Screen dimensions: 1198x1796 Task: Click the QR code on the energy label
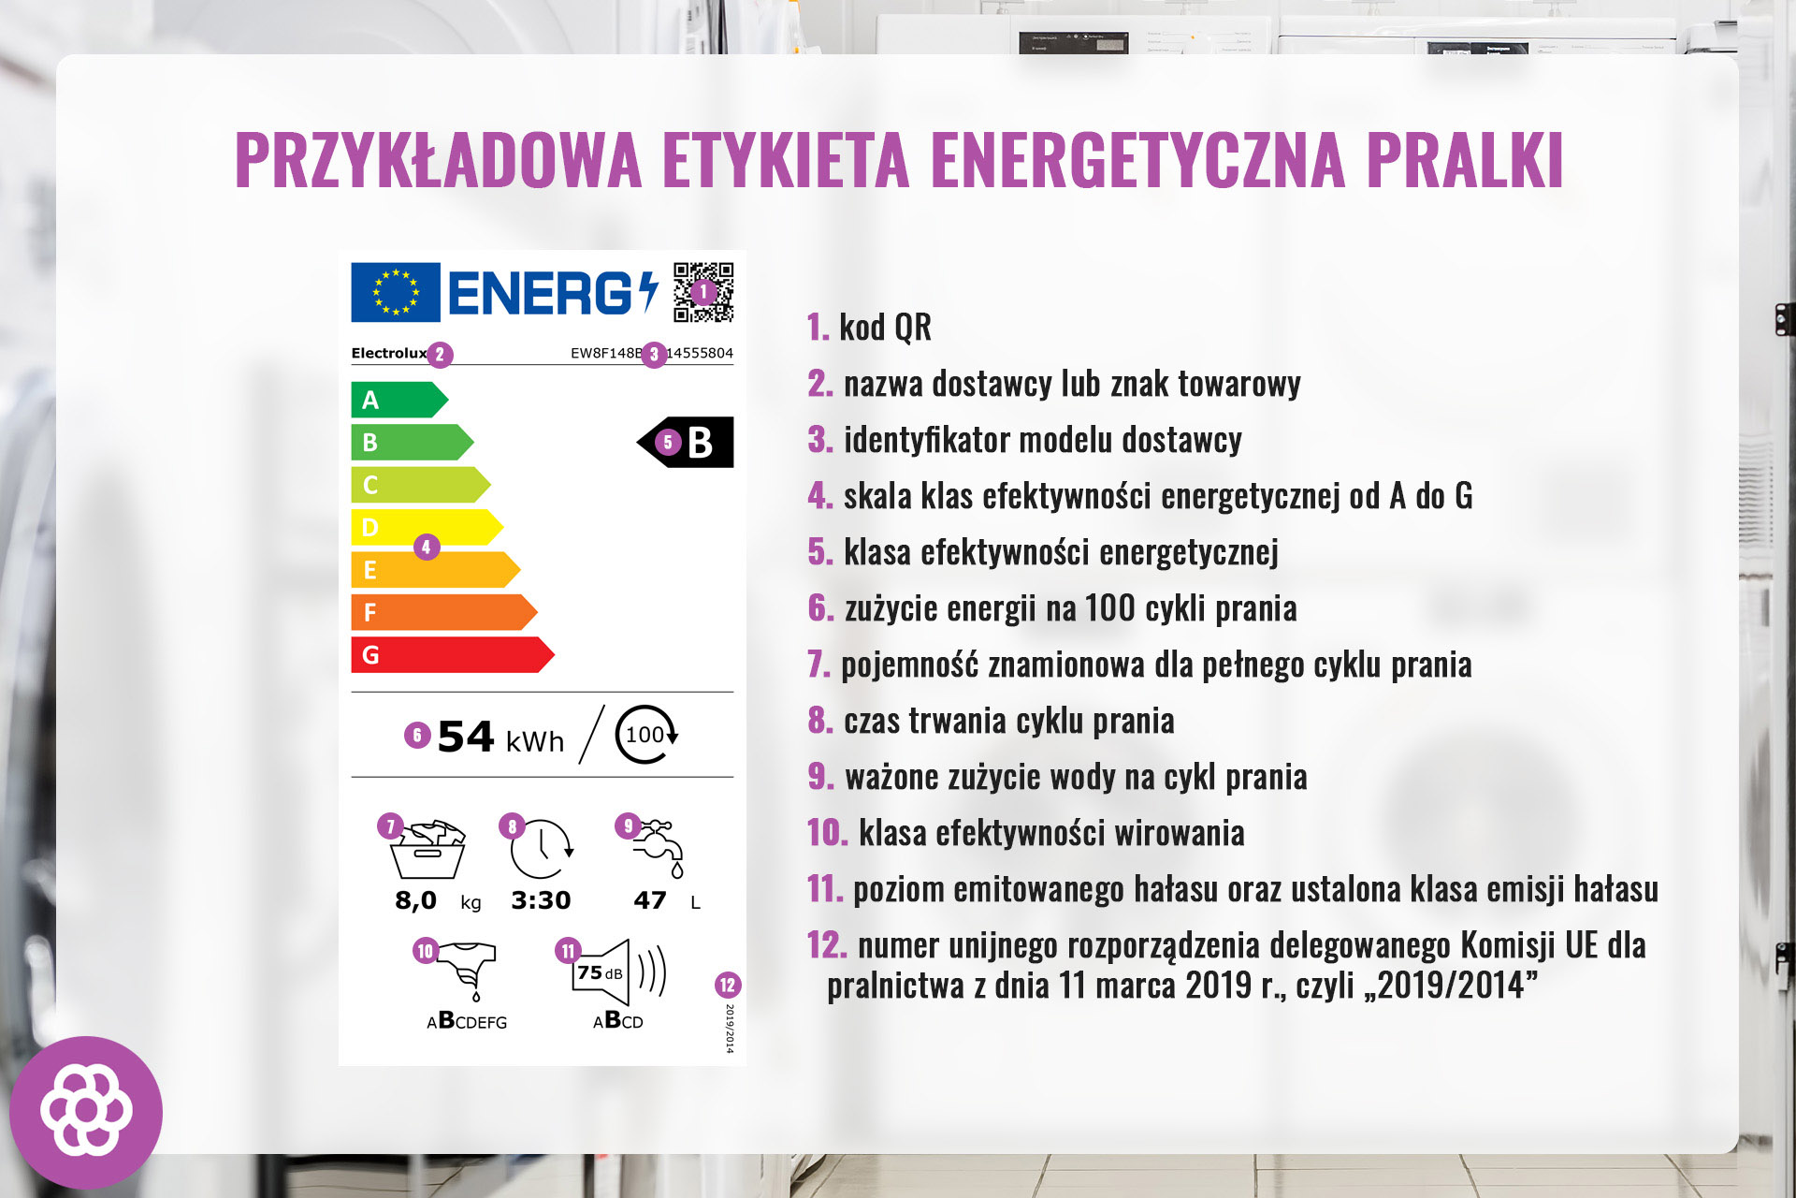click(703, 292)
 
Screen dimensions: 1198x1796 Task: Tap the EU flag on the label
click(396, 292)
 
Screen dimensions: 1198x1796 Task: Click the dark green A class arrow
click(398, 400)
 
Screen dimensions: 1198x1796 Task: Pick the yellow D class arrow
click(426, 527)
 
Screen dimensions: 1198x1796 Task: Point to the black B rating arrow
click(688, 442)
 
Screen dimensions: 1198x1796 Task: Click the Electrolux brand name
click(388, 353)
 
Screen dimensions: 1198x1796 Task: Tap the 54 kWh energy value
click(500, 738)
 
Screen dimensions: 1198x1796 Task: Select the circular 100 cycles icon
click(645, 735)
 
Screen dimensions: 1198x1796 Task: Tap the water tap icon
click(660, 848)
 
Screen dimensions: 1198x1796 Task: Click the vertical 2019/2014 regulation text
click(730, 1029)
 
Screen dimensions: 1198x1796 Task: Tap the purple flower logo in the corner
click(86, 1112)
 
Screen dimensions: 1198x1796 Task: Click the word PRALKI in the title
click(1464, 160)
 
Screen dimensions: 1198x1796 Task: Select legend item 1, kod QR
click(869, 328)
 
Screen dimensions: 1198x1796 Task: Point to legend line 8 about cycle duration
click(991, 721)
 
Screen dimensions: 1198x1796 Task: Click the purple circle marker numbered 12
click(728, 985)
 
